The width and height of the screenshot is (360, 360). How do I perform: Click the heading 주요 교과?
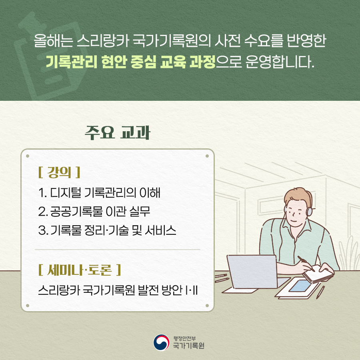click(x=117, y=133)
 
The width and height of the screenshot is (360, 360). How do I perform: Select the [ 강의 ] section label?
click(x=59, y=172)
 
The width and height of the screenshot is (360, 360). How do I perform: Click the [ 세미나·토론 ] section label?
click(x=80, y=270)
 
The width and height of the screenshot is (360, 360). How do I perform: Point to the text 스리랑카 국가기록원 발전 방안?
click(x=110, y=290)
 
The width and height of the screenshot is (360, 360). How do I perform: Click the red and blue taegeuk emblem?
click(x=162, y=342)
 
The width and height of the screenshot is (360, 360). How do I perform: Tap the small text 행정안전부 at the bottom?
click(x=184, y=338)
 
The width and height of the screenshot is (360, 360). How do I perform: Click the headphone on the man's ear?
click(x=309, y=211)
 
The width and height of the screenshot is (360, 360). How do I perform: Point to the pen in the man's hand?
click(x=306, y=264)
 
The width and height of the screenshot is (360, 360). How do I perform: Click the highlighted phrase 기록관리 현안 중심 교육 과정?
click(x=131, y=62)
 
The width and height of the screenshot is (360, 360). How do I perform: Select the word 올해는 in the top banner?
click(x=53, y=41)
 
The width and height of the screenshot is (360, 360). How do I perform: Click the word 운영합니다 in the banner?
click(x=280, y=62)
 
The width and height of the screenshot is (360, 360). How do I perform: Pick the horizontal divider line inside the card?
click(x=118, y=249)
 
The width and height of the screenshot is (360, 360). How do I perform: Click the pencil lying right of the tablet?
click(x=320, y=292)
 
